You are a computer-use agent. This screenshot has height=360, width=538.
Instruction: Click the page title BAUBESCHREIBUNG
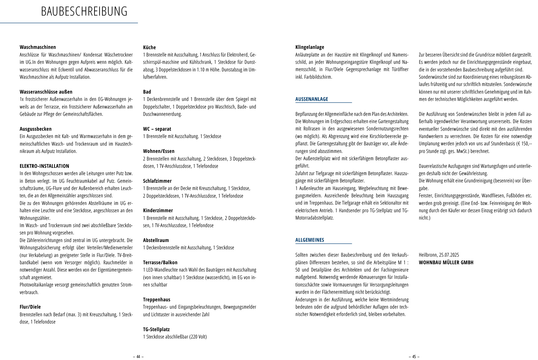click(84, 12)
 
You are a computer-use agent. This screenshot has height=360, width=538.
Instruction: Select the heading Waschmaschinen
click(38, 47)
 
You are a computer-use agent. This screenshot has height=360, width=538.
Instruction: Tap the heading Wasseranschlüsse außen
click(46, 92)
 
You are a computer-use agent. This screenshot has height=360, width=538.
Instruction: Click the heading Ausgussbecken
click(36, 129)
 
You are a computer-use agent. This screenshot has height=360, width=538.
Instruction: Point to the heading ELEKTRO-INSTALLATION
click(44, 166)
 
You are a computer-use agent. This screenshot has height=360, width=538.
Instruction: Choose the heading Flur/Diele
click(30, 307)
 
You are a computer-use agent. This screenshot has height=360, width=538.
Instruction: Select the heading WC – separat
click(157, 129)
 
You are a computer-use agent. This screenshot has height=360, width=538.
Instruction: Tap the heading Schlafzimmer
click(157, 181)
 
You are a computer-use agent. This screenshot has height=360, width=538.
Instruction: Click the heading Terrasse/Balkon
click(160, 263)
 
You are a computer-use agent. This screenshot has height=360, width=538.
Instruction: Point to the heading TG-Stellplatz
click(156, 330)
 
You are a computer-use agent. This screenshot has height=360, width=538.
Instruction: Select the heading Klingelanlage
click(310, 47)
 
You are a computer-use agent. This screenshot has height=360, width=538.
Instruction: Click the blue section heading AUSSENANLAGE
click(312, 99)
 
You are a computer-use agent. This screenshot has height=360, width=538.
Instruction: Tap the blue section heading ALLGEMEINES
click(310, 240)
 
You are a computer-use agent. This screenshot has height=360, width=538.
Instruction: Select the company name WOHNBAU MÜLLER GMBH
click(446, 263)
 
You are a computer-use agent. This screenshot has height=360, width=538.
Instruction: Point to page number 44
click(138, 357)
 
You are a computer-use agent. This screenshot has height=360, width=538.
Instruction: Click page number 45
click(414, 357)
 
